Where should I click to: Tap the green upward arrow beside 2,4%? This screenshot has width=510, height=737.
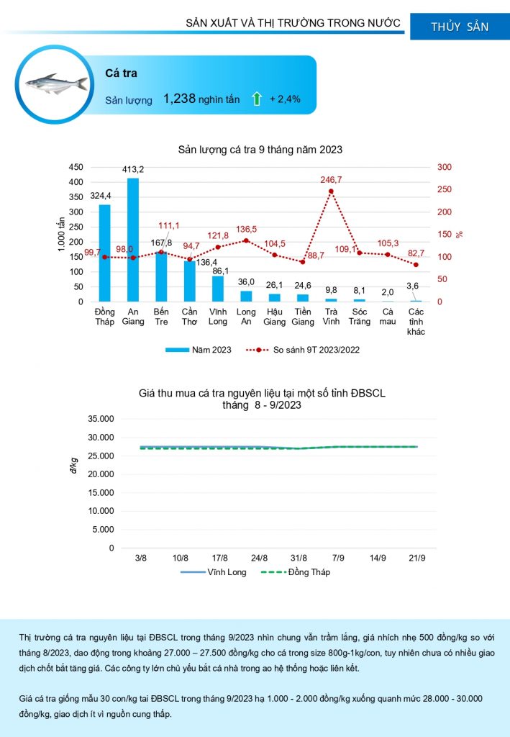tap(256, 99)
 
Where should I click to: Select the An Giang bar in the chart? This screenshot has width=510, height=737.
tap(133, 239)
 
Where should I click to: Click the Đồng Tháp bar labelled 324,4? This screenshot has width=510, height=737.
tap(105, 253)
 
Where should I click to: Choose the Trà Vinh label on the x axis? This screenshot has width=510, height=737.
tap(331, 316)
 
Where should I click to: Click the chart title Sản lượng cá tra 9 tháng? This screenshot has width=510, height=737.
tap(260, 150)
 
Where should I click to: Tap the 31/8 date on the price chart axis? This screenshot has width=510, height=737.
tap(299, 559)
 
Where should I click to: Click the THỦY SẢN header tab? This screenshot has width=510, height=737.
tap(460, 27)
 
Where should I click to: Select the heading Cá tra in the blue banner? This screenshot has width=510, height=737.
tap(121, 73)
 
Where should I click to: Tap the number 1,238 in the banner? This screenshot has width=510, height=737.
tap(179, 99)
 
